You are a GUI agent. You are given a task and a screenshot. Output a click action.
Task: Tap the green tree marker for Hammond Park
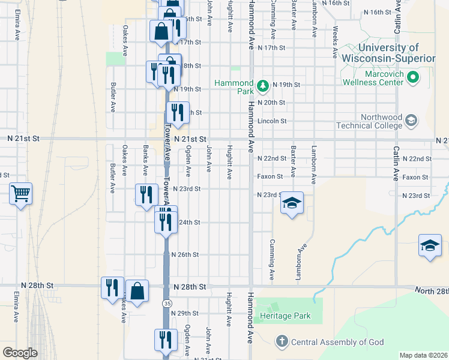click(262, 86)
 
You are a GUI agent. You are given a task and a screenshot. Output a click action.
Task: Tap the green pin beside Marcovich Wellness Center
click(412, 77)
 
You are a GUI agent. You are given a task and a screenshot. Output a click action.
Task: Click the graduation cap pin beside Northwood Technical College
click(411, 121)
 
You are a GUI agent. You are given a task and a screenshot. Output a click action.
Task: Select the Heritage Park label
click(285, 316)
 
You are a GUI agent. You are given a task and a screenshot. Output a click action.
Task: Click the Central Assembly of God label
click(337, 343)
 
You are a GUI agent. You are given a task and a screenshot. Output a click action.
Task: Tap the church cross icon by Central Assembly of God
click(282, 342)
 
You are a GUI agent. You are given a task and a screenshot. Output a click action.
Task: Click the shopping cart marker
click(21, 194)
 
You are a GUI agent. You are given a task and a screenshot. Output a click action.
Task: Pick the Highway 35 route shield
click(166, 304)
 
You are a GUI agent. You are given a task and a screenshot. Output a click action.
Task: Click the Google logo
click(20, 353)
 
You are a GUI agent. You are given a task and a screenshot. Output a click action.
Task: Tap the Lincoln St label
click(272, 121)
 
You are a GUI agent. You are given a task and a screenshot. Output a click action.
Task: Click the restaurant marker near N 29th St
click(165, 340)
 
